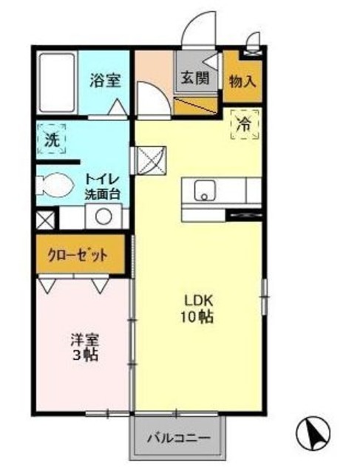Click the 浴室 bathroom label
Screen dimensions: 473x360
tap(106, 81)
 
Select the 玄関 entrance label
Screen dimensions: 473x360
tap(195, 76)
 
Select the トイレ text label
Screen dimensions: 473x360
tap(101, 179)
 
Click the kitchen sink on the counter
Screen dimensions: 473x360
tap(204, 191)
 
